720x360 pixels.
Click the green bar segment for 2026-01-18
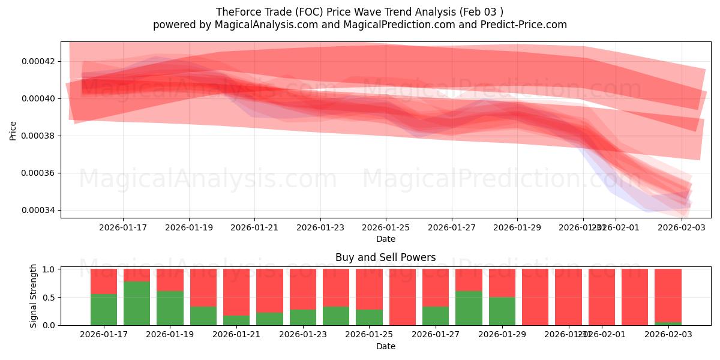point(137,303)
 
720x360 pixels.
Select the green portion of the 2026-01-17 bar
point(104,310)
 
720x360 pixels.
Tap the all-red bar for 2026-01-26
point(403,297)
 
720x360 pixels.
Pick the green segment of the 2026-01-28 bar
point(469,308)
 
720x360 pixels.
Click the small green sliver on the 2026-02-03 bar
point(668,323)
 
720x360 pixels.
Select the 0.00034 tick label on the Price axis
point(38,211)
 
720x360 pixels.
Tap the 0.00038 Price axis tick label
point(38,136)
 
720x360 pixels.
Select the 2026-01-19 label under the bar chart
point(170,335)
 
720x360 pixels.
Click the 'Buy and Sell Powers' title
point(386,257)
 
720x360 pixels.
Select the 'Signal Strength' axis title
point(34,296)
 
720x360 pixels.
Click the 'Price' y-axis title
point(13,130)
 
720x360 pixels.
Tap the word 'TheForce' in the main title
point(236,11)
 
